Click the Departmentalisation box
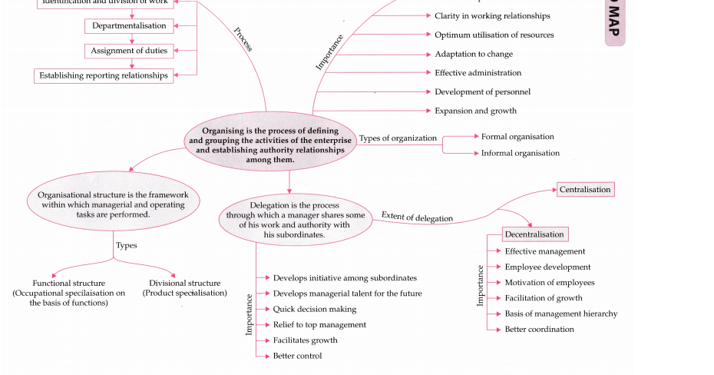click(129, 26)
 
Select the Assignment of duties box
click(129, 51)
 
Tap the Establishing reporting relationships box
click(103, 76)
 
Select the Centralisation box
click(585, 190)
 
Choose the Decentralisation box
click(534, 234)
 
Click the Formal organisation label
click(517, 137)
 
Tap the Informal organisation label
click(520, 154)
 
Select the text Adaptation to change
click(474, 55)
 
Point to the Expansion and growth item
click(475, 111)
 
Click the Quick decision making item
click(315, 309)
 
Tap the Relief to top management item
click(319, 325)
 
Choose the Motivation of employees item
click(549, 283)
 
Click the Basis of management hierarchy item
click(560, 314)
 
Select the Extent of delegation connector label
click(417, 217)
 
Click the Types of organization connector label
click(398, 138)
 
